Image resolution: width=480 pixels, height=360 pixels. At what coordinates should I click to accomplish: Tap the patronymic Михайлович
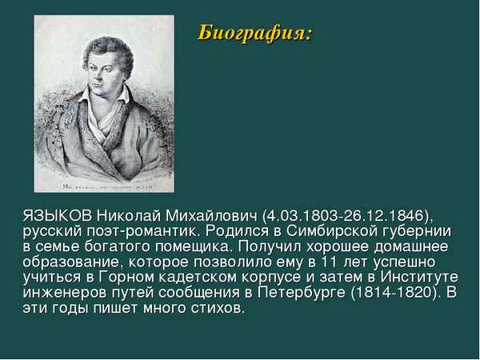213,217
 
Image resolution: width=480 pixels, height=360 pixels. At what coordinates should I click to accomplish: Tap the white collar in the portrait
98,117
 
